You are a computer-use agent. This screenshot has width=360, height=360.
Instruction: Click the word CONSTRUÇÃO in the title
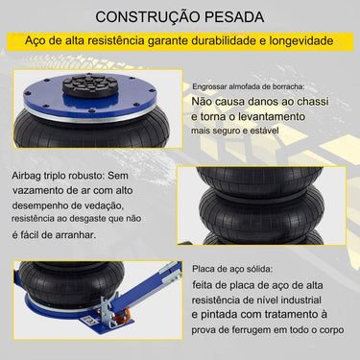pyautogui.click(x=141, y=16)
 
